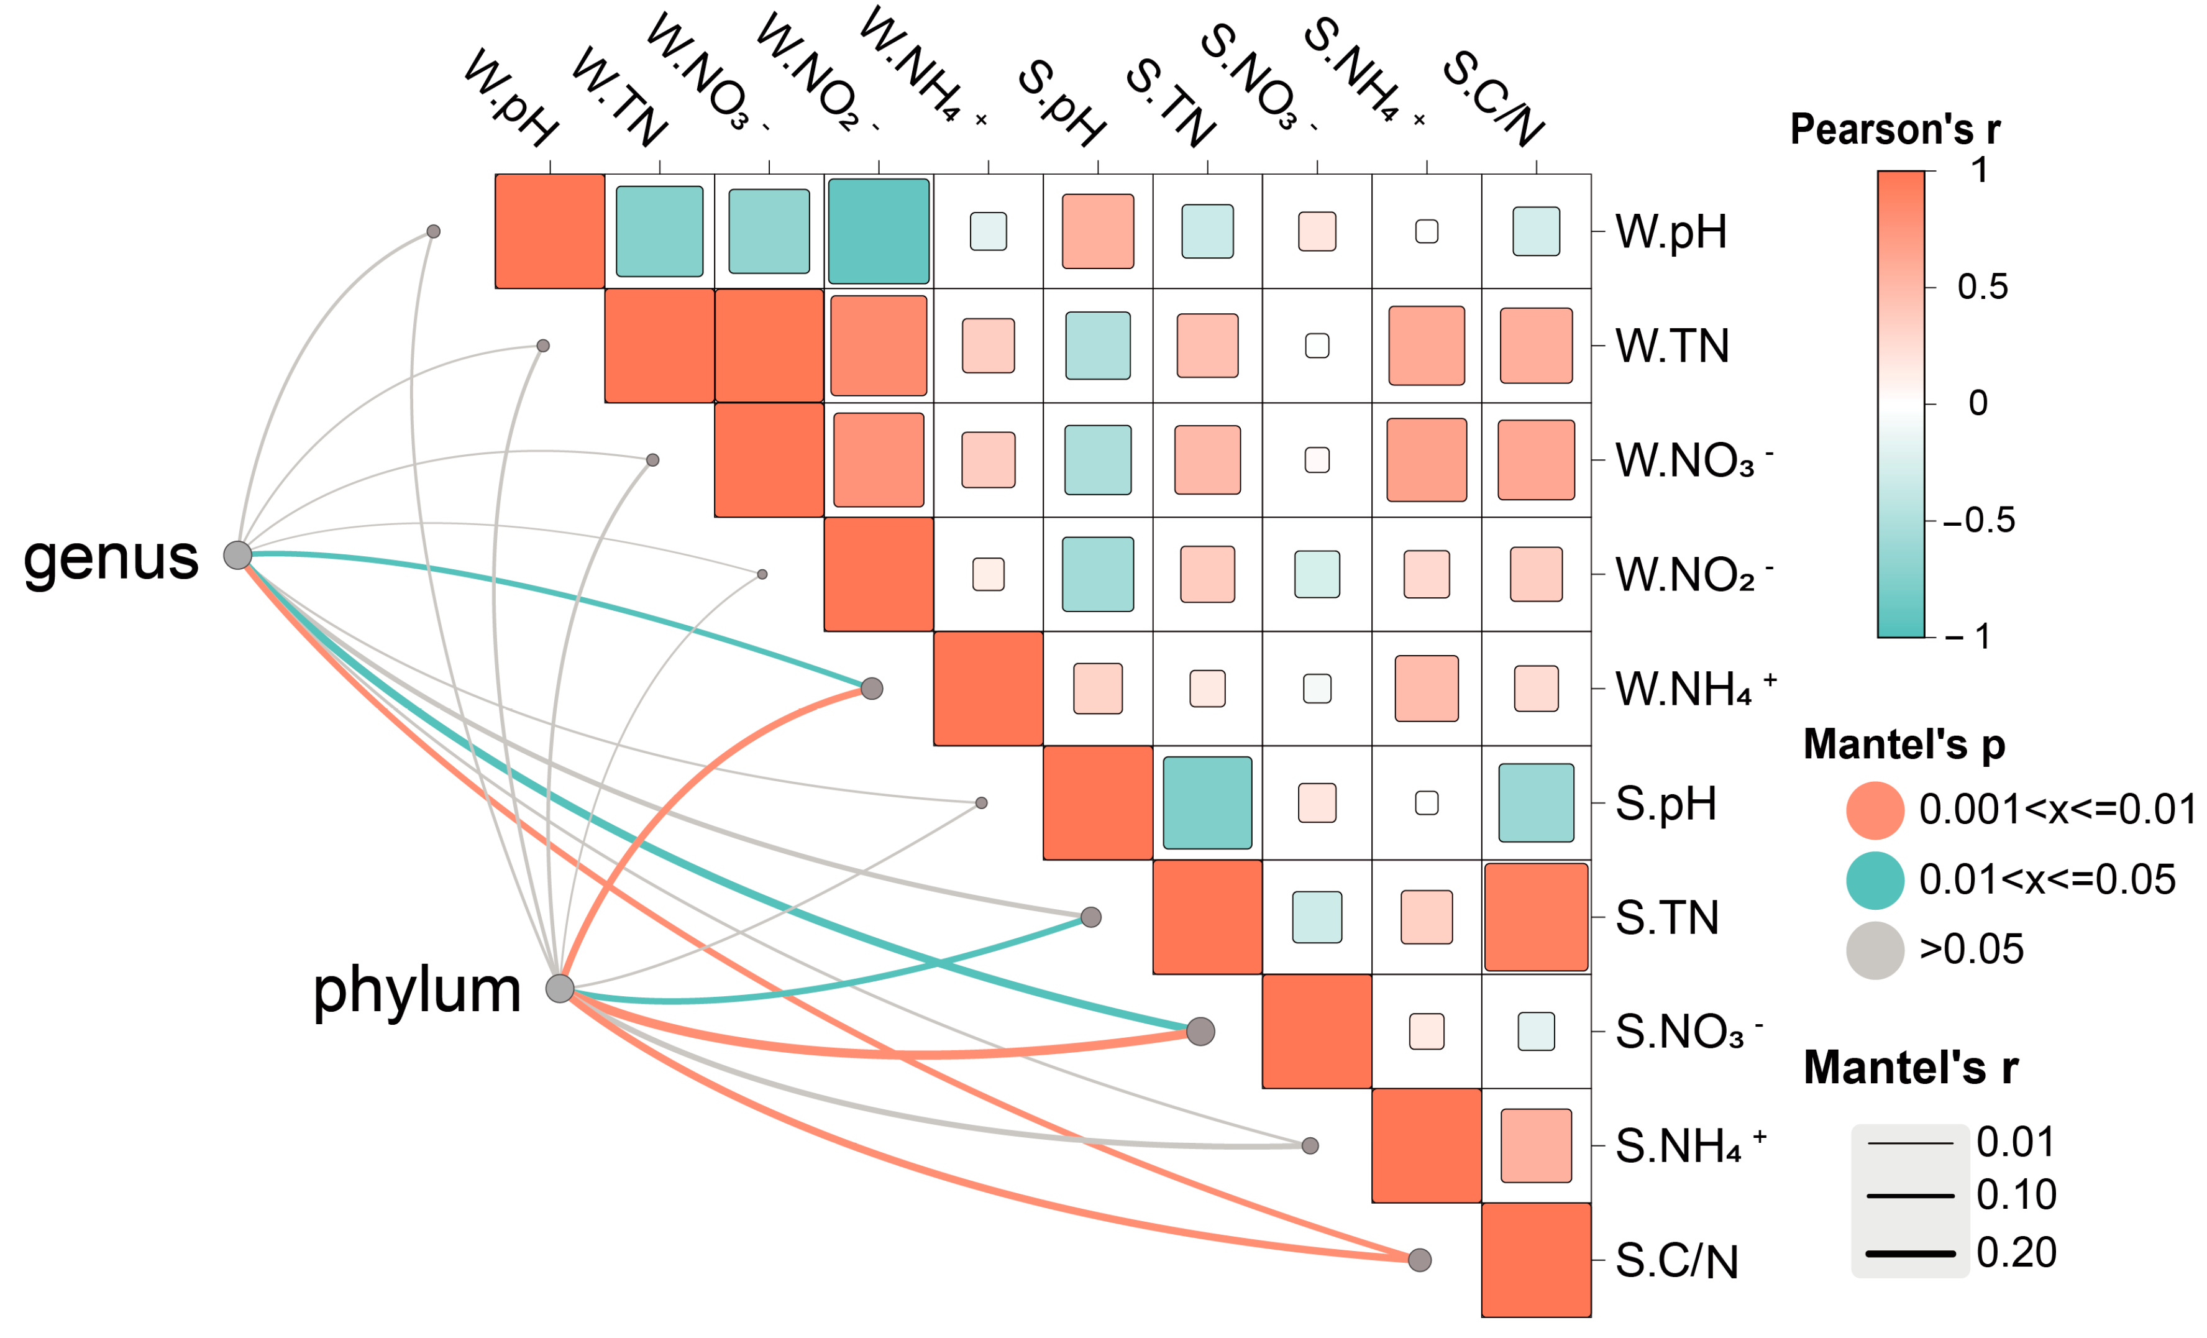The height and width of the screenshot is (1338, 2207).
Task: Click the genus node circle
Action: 237,555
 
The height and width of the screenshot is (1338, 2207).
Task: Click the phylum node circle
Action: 560,989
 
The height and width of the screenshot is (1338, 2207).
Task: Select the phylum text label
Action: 416,991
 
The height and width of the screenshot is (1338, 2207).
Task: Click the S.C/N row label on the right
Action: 1676,1261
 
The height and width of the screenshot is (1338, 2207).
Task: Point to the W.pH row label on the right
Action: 1671,232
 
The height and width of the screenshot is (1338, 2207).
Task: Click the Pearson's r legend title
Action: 1894,130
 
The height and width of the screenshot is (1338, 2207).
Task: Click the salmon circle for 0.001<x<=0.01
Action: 1875,810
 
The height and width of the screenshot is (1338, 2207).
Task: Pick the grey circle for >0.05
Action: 1875,950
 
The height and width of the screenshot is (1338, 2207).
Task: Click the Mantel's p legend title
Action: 1903,745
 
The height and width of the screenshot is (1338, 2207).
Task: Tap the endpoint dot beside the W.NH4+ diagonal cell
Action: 872,689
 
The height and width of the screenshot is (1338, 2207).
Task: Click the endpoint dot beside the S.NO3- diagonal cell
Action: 1200,1032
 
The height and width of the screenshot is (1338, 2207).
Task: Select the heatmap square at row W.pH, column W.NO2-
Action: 879,231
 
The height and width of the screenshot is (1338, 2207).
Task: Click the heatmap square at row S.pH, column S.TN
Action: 1207,802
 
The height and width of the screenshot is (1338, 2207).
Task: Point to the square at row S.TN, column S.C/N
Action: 1536,917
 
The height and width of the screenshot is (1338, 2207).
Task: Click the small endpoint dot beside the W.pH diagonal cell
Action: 434,231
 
